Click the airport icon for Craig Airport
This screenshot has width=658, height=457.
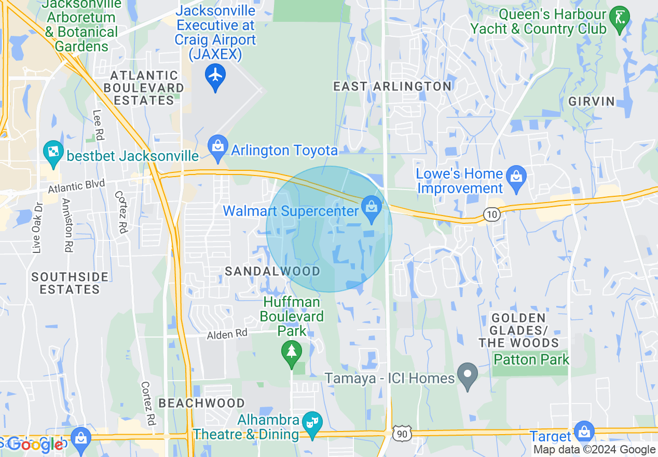(x=215, y=76)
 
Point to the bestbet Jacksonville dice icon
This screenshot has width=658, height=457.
(x=53, y=152)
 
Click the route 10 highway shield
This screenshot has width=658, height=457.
(x=492, y=214)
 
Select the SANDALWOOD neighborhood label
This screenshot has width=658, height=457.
(x=272, y=271)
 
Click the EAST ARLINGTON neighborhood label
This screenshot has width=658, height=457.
(x=392, y=86)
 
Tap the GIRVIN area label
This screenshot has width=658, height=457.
(x=591, y=101)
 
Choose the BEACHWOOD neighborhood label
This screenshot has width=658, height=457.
(x=201, y=403)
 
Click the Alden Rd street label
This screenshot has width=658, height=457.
(x=227, y=334)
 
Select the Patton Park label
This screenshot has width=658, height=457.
(x=531, y=359)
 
